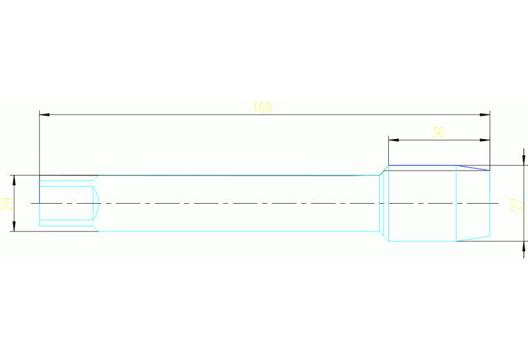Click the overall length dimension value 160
262,107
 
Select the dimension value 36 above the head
438,133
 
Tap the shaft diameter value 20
8,204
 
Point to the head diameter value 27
514,204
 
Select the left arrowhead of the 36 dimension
393,140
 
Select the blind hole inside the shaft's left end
66,204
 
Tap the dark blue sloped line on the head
474,167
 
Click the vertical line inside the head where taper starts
456,204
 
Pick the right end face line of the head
490,204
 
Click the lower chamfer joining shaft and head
385,236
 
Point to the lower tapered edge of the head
474,239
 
